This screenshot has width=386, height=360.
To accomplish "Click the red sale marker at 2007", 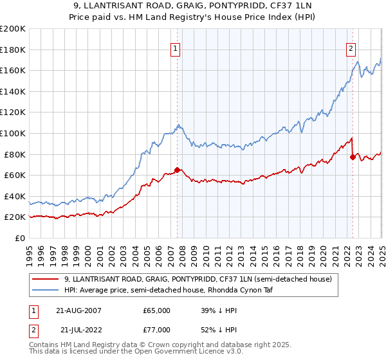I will coord(178,170).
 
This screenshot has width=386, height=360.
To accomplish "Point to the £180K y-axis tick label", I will coord(13,50).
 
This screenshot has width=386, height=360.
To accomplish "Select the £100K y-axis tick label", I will coord(13,133).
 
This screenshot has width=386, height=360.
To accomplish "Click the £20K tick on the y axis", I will coord(15,217).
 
